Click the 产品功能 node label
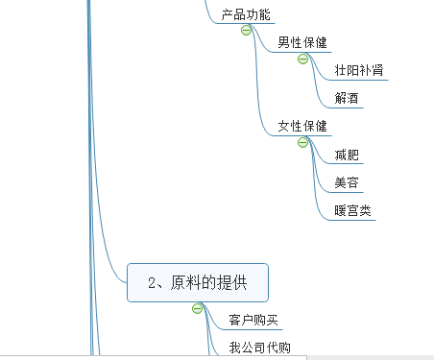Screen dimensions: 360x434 (x=246, y=15)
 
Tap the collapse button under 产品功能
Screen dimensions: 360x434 (x=246, y=31)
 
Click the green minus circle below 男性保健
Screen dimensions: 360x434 (x=302, y=59)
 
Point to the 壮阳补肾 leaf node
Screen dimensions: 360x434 (x=360, y=71)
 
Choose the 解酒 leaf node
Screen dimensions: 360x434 (x=348, y=99)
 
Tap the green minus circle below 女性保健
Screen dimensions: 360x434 (x=302, y=142)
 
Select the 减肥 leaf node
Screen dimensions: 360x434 (x=348, y=155)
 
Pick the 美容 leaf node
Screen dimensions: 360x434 (x=348, y=182)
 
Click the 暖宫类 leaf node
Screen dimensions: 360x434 (x=353, y=210)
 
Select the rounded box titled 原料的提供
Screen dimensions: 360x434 (x=197, y=282)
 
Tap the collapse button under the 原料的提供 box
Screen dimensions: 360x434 (x=197, y=308)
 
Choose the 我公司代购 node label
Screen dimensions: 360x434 (x=259, y=348)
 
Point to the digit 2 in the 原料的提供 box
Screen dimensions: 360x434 (x=152, y=282)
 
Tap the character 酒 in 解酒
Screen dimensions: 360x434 (x=353, y=99)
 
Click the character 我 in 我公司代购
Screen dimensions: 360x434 (x=235, y=348)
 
